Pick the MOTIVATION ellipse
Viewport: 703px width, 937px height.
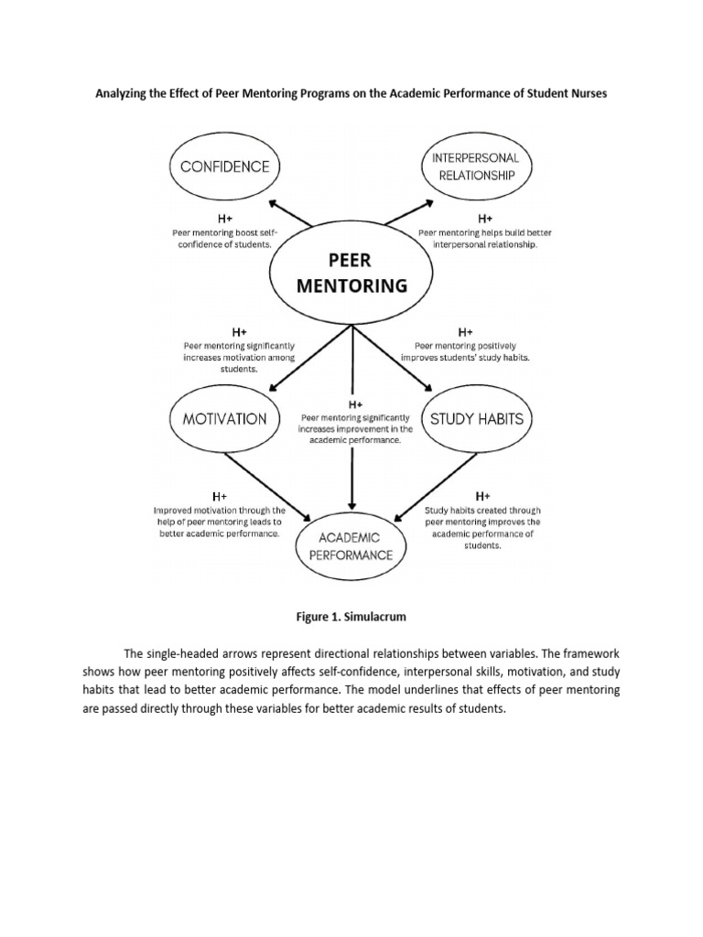[225, 419]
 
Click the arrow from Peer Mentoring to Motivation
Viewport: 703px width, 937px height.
[301, 357]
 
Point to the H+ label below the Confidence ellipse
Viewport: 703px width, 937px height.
[224, 220]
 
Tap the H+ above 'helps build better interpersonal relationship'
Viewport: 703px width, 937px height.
[485, 220]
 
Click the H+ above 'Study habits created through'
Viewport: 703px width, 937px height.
[483, 495]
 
